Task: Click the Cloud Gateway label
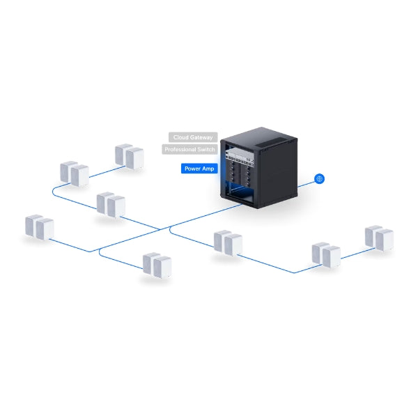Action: click(x=193, y=137)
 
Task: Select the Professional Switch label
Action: click(x=189, y=149)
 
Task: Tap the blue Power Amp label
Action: click(x=199, y=169)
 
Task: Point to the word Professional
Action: click(x=179, y=149)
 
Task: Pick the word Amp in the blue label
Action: click(x=208, y=169)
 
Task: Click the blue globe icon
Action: click(x=319, y=178)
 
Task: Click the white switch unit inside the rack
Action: click(x=239, y=155)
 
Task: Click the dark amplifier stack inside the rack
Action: click(x=239, y=173)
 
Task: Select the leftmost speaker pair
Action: click(x=40, y=227)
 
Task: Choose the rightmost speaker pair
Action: click(x=379, y=238)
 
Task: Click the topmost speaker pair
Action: click(x=130, y=157)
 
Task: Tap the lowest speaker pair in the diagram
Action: click(x=157, y=265)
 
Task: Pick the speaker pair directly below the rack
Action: click(x=228, y=243)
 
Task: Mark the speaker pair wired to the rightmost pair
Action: click(x=326, y=255)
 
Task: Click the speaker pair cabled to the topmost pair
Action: click(x=75, y=173)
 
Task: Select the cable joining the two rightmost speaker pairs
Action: click(x=358, y=254)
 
